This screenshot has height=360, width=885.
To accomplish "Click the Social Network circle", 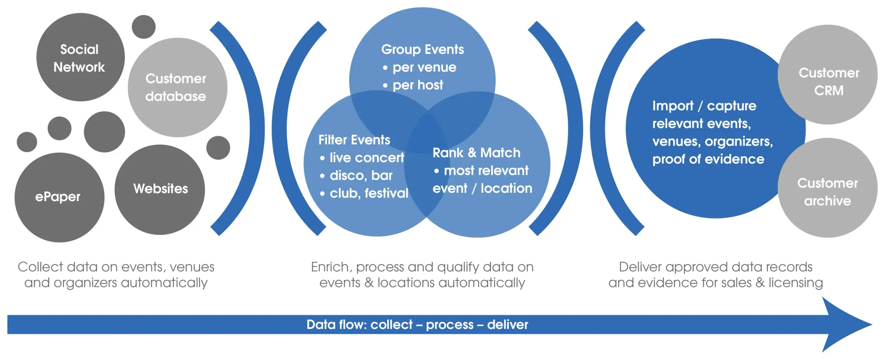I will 80,57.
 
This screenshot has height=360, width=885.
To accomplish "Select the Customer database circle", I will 177,88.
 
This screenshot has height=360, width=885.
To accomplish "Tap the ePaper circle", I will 59,197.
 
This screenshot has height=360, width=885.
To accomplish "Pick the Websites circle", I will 160,189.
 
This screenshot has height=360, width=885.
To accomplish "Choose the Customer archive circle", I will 827,188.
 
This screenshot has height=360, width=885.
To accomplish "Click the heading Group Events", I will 422,49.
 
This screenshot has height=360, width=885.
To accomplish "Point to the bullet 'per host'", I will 417,85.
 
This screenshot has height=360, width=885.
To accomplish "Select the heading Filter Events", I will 354,140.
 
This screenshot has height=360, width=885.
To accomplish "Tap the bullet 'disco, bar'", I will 361,176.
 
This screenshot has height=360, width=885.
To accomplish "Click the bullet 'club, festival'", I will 369,193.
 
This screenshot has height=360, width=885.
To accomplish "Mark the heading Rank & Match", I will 476,153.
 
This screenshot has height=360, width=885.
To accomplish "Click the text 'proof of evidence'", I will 708,159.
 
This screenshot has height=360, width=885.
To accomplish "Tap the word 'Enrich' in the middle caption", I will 331,267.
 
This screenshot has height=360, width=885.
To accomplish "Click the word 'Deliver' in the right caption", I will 639,267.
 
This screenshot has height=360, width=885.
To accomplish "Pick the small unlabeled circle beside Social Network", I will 144,27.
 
